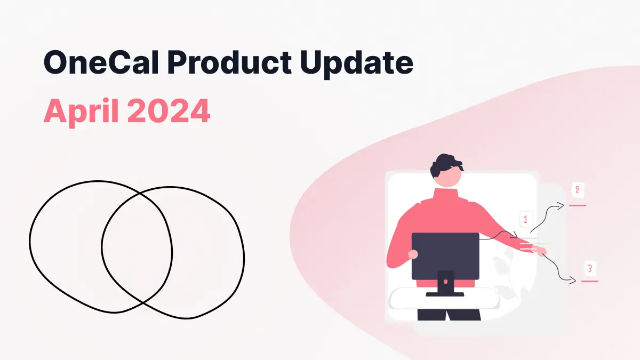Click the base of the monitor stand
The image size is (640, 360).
(x=445, y=293)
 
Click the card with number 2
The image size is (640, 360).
(x=577, y=190)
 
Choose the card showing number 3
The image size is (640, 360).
(x=589, y=268)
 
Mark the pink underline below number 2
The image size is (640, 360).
(x=578, y=205)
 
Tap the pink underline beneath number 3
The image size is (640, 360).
(x=589, y=281)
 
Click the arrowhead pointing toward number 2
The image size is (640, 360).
(x=561, y=205)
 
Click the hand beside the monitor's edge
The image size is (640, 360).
(x=412, y=255)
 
